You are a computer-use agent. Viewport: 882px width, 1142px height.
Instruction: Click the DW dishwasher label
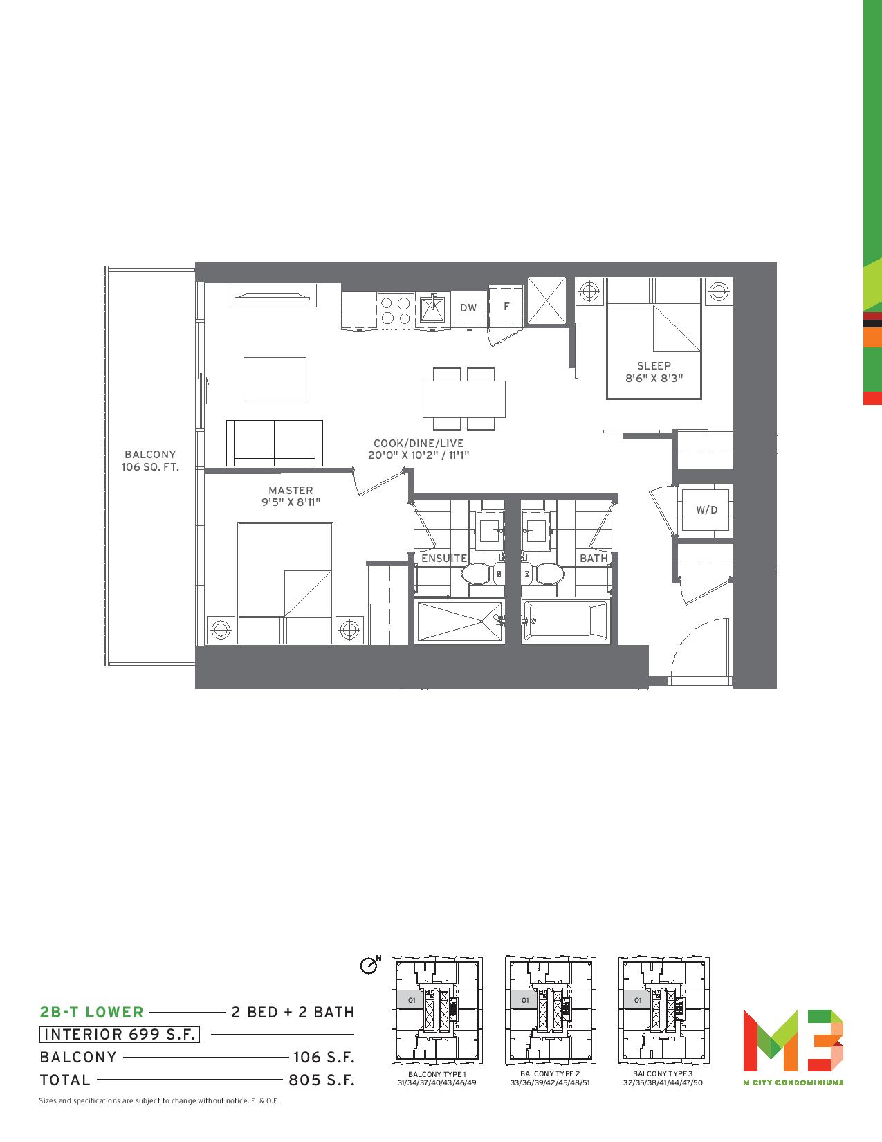point(468,308)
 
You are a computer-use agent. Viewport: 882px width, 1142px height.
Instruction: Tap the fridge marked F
point(506,307)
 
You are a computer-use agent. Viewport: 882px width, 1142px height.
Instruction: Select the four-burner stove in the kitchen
point(396,311)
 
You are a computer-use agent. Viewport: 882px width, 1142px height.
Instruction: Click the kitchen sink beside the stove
point(433,310)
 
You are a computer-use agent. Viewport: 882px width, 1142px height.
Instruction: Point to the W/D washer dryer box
point(706,510)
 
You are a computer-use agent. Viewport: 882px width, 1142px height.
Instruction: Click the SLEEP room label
point(654,365)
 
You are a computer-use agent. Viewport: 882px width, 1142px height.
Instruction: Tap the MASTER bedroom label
point(291,490)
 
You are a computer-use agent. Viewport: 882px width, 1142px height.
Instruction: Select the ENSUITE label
point(444,558)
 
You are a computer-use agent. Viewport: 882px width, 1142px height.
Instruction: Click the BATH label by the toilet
point(594,558)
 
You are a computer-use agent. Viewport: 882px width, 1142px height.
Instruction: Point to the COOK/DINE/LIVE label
point(418,444)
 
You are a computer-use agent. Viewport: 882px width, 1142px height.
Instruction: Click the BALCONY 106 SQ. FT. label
point(149,461)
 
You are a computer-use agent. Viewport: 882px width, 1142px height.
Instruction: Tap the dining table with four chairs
point(464,399)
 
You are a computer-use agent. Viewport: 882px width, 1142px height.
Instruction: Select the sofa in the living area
point(274,443)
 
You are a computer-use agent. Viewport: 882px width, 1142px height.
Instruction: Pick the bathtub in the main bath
point(565,621)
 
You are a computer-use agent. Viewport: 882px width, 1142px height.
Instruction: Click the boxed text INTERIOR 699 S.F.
point(119,1034)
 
